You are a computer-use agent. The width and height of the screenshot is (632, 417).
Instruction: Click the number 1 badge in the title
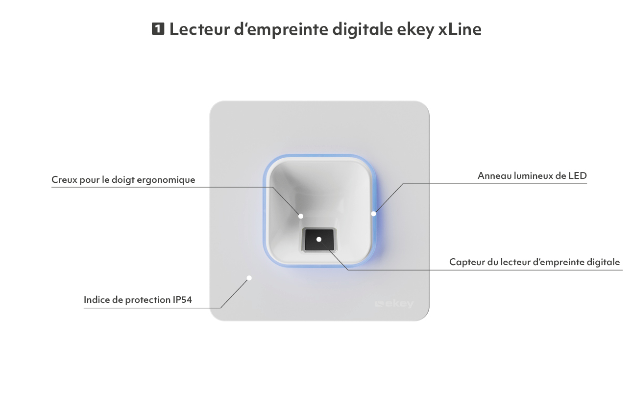pyautogui.click(x=158, y=29)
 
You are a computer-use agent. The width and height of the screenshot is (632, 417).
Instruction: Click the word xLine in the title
pyautogui.click(x=460, y=29)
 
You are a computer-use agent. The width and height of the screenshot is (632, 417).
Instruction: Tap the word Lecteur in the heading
pyautogui.click(x=199, y=29)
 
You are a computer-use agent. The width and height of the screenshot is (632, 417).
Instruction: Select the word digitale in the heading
pyautogui.click(x=363, y=29)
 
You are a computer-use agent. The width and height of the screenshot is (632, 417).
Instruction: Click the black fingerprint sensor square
pyautogui.click(x=319, y=240)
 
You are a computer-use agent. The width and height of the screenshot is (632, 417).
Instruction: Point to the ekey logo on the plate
pyautogui.click(x=394, y=304)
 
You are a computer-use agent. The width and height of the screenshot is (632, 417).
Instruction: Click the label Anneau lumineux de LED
pyautogui.click(x=532, y=176)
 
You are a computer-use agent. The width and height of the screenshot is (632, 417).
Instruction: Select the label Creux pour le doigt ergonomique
pyautogui.click(x=123, y=180)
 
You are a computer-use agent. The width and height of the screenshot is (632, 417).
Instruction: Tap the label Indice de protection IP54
pyautogui.click(x=138, y=299)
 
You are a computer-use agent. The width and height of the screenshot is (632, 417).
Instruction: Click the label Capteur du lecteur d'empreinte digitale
pyautogui.click(x=535, y=262)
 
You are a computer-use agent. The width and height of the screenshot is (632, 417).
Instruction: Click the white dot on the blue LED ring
pyautogui.click(x=373, y=214)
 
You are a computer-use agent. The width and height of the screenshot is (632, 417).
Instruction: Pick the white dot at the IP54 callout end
pyautogui.click(x=249, y=278)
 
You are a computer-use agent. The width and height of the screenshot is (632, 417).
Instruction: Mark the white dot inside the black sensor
pyautogui.click(x=319, y=240)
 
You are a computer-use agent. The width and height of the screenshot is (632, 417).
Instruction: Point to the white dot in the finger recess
pyautogui.click(x=301, y=216)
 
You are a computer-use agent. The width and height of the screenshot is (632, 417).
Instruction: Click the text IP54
pyautogui.click(x=182, y=299)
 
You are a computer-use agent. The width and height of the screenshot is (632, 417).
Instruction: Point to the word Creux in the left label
pyautogui.click(x=64, y=180)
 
